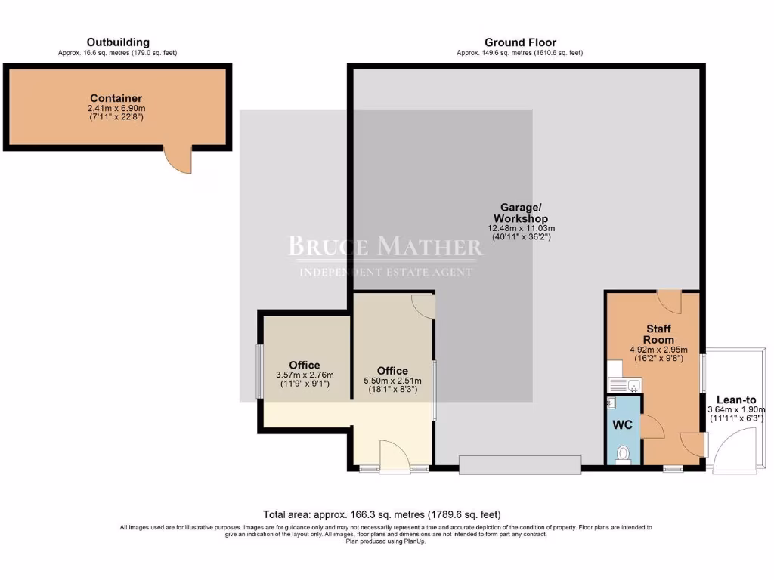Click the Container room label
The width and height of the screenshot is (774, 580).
click(x=116, y=98)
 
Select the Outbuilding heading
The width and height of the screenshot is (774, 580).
click(x=117, y=42)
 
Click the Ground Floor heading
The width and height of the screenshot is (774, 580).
click(x=520, y=42)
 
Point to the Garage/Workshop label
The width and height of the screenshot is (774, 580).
click(x=520, y=213)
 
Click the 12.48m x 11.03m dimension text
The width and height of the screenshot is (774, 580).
click(x=520, y=228)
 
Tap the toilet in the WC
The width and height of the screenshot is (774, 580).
click(x=623, y=454)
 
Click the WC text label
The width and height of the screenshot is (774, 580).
click(x=622, y=425)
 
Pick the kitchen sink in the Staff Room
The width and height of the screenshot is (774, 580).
click(x=624, y=385)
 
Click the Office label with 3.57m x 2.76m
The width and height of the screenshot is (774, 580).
click(x=305, y=365)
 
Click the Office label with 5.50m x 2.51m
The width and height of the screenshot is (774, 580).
click(x=392, y=370)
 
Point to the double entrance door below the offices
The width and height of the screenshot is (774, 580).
click(x=393, y=457)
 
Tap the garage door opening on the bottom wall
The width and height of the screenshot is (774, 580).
click(x=520, y=464)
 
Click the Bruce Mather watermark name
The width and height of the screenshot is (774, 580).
click(x=385, y=246)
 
